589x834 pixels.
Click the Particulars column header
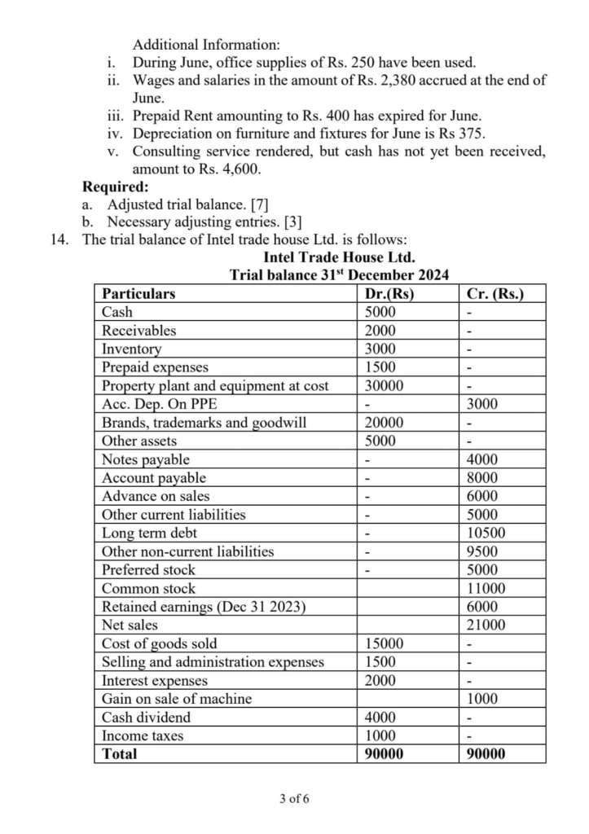[138, 294]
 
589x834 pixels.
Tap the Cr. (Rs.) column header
[494, 294]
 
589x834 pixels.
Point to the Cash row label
[117, 312]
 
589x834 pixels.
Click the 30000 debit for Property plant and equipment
[383, 386]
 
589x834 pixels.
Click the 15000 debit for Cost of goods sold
[383, 643]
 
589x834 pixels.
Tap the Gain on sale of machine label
[177, 699]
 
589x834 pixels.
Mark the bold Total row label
[120, 754]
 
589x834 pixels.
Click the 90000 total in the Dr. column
[384, 754]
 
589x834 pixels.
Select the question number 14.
[59, 240]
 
